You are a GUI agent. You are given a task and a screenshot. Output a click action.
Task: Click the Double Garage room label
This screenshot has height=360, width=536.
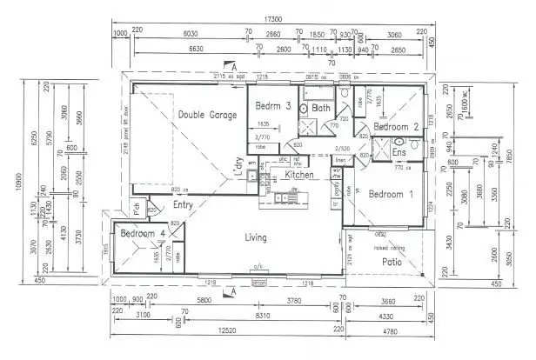[207, 115]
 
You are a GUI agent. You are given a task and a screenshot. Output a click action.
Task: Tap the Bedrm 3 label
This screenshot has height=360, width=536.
[272, 106]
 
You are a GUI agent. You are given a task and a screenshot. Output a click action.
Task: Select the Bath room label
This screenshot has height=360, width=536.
[321, 109]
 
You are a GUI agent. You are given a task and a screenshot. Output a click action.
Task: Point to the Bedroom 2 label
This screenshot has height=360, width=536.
[397, 127]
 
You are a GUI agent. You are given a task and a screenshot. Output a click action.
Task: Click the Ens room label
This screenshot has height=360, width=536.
[400, 153]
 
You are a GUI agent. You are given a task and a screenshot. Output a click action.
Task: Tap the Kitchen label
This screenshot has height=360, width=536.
[299, 176]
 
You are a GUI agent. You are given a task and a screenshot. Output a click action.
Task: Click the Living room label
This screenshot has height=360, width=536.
[255, 237]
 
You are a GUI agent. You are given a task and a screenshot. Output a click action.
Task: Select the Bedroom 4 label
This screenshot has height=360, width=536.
[144, 234]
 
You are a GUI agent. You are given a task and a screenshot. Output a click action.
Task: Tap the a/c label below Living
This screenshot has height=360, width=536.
[258, 266]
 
